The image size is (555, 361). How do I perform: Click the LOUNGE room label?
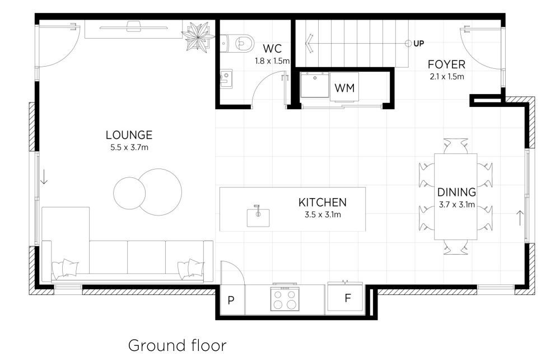[129, 135]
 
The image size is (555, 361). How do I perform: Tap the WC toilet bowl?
[240, 44]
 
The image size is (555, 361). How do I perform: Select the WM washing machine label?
[344, 88]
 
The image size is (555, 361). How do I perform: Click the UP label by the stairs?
[419, 44]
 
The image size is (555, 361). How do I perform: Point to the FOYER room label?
[446, 64]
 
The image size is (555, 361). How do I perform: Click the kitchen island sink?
[258, 217]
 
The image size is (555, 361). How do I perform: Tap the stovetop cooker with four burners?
[285, 298]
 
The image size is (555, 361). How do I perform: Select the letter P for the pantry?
[231, 301]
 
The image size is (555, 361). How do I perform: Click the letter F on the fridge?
[348, 298]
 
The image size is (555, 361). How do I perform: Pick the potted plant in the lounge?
[198, 36]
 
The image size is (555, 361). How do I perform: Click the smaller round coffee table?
[129, 194]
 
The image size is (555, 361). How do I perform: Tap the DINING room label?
[456, 192]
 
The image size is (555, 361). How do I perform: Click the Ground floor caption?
[178, 345]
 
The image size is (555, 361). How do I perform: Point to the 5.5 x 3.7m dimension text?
[129, 147]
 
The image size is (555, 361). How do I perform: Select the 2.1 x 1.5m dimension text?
[447, 76]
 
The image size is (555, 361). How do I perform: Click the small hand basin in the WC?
[226, 78]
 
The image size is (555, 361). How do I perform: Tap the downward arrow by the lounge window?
[44, 177]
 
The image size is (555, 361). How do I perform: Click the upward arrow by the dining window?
[519, 218]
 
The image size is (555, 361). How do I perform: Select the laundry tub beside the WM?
[314, 85]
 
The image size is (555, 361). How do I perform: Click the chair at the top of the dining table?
[455, 146]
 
